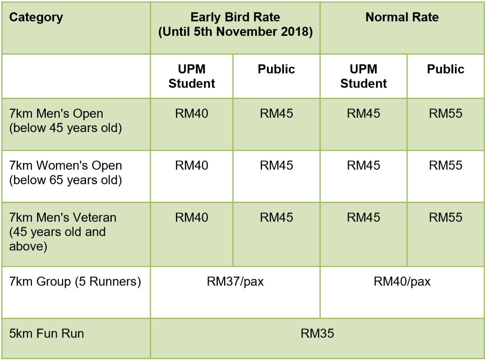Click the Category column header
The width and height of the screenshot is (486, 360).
tap(36, 17)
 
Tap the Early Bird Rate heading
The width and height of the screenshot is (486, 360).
tap(235, 17)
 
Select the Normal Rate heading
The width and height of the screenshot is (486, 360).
tap(402, 17)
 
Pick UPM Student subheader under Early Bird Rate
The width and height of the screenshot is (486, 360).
tap(191, 76)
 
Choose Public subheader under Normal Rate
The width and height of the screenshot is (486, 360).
tap(445, 69)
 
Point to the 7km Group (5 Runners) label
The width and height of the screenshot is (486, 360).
tap(75, 282)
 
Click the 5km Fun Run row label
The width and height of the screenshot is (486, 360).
tap(47, 334)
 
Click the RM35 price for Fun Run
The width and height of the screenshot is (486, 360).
tap(317, 334)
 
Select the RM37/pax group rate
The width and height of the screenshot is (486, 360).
tap(235, 282)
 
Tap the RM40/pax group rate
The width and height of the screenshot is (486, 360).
tap(402, 282)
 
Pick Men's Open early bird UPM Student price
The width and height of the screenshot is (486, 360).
tap(191, 114)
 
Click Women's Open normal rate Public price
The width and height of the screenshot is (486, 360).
tap(445, 166)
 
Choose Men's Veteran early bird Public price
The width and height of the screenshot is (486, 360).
tap(276, 217)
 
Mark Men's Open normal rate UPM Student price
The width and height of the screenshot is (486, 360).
tap(363, 114)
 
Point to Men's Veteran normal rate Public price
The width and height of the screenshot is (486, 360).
tap(445, 217)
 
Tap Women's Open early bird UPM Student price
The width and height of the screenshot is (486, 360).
tap(191, 166)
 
